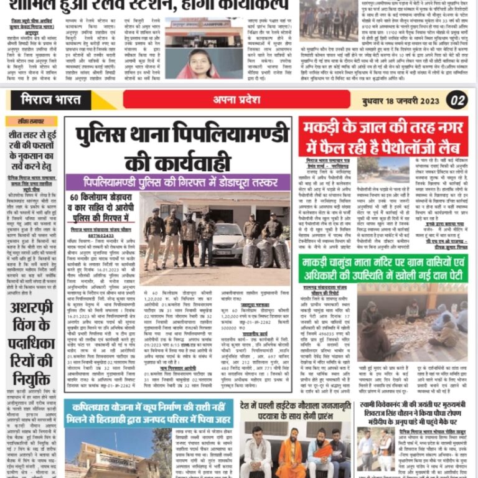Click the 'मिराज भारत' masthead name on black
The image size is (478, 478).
50,100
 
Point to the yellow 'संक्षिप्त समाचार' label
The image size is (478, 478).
31,121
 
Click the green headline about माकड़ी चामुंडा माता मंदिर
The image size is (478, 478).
383,269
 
